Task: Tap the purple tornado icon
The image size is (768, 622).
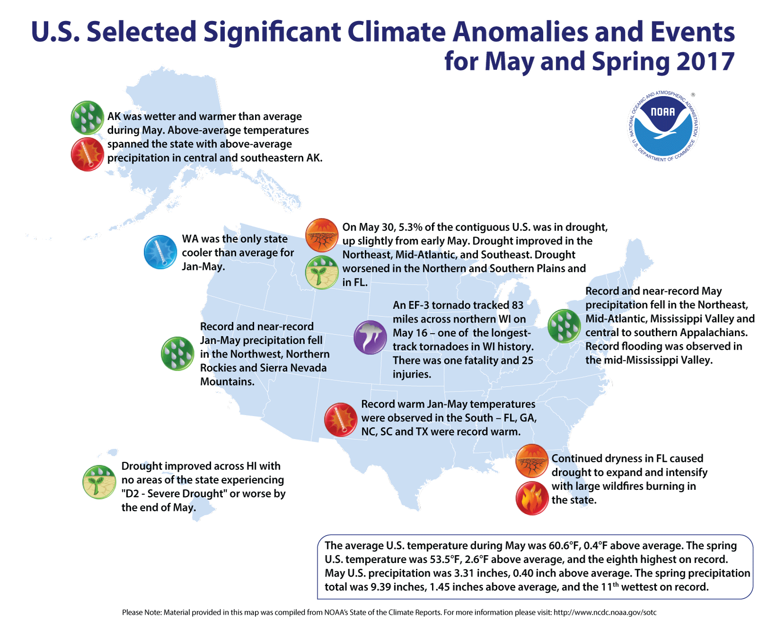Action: click(x=370, y=337)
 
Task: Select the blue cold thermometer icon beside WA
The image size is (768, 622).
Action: click(x=160, y=252)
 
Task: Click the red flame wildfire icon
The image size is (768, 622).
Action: click(x=532, y=498)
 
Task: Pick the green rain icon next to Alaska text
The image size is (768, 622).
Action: click(x=88, y=118)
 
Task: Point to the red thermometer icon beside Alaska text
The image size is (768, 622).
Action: click(x=88, y=154)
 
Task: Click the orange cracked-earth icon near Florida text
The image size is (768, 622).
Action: click(x=532, y=461)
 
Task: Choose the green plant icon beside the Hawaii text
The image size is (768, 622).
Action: click(x=99, y=482)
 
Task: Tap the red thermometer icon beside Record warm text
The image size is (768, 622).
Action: click(x=341, y=419)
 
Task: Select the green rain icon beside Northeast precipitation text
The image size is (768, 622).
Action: click(x=564, y=326)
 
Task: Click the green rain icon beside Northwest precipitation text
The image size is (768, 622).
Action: click(x=177, y=354)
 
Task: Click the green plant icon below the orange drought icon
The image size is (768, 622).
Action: click(x=322, y=272)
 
